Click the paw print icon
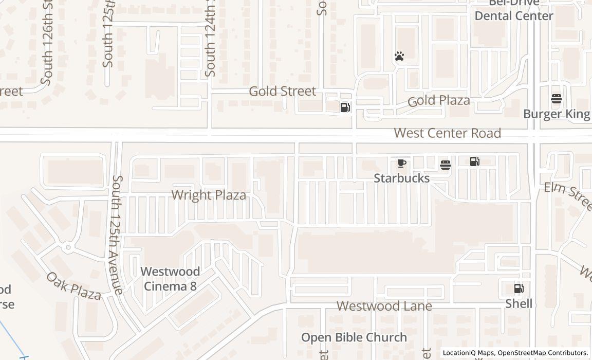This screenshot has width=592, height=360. pyautogui.click(x=399, y=56)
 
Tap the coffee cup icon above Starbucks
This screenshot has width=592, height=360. pyautogui.click(x=402, y=164)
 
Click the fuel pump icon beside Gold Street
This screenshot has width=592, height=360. pyautogui.click(x=345, y=107)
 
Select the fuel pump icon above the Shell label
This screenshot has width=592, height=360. pyautogui.click(x=519, y=289)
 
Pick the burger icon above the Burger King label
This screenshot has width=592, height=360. pyautogui.click(x=557, y=99)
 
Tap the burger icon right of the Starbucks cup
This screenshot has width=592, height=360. pyautogui.click(x=446, y=165)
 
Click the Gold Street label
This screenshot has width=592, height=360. pyautogui.click(x=282, y=92)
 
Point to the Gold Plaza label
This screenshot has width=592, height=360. pyautogui.click(x=439, y=100)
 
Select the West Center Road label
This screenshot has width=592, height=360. pyautogui.click(x=447, y=133)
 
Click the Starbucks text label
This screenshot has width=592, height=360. pyautogui.click(x=401, y=178)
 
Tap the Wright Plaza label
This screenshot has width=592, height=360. pyautogui.click(x=209, y=195)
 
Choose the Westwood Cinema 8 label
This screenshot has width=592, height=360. pyautogui.click(x=170, y=279)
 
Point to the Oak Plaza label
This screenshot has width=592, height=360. pyautogui.click(x=74, y=286)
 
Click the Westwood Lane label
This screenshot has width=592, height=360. pyautogui.click(x=384, y=306)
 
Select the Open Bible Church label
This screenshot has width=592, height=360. pyautogui.click(x=354, y=337)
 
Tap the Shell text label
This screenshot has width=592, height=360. pyautogui.click(x=519, y=303)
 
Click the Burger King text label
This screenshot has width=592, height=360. pyautogui.click(x=557, y=114)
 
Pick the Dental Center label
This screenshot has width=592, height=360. pyautogui.click(x=513, y=15)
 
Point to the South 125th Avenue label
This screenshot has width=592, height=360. pyautogui.click(x=118, y=235)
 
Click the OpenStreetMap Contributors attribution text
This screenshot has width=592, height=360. pyautogui.click(x=543, y=353)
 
